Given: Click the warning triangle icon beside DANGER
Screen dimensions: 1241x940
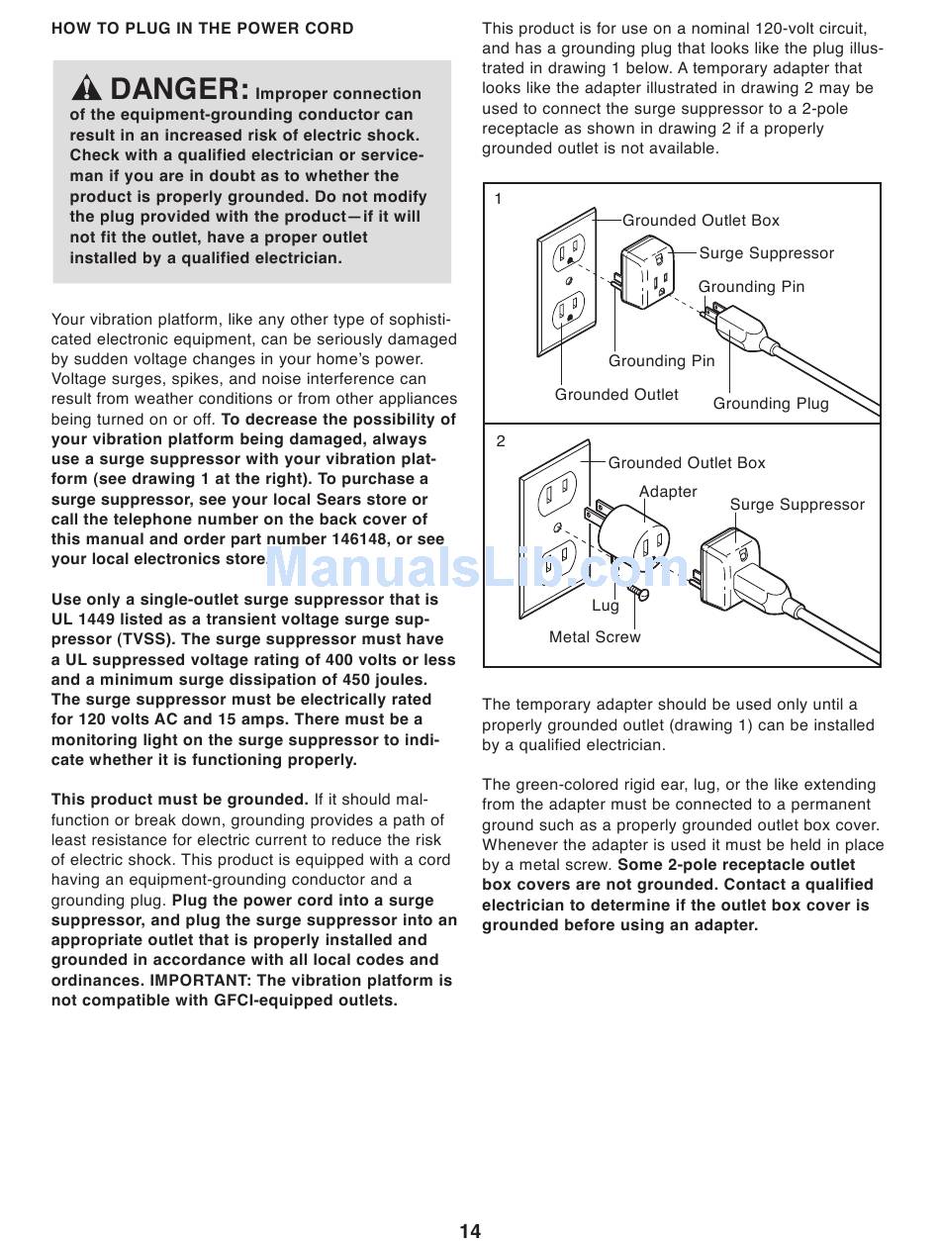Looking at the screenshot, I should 88,89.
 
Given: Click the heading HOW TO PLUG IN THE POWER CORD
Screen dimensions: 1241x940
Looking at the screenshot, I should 202,29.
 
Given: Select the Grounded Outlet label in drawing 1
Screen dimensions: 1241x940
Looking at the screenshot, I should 616,395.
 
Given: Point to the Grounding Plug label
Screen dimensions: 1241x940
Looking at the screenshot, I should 771,404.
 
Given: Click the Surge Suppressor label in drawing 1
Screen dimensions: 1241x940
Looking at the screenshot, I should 766,253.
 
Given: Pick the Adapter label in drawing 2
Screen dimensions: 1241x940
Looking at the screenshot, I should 668,492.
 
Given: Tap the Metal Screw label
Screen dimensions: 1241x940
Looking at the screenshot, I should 595,637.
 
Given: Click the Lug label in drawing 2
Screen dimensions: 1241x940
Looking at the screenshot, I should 606,606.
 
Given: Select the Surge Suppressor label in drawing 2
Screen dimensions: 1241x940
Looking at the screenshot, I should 797,505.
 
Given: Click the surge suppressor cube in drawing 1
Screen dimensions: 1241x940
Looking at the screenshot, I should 649,272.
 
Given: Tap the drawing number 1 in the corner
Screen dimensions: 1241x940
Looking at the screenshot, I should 499,199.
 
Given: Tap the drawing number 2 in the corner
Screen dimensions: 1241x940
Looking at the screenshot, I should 501,441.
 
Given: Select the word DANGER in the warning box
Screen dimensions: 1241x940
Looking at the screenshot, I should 179,89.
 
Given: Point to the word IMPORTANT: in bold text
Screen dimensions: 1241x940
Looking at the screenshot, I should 198,981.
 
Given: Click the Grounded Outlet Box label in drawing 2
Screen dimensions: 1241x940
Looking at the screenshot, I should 686,463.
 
